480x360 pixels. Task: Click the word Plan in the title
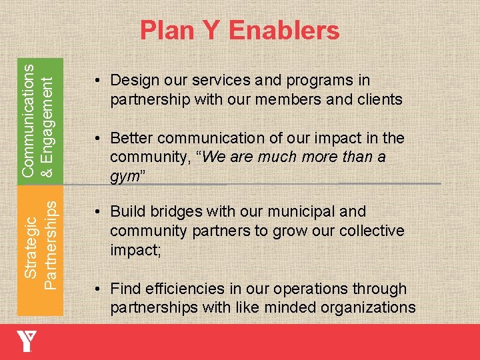tap(167, 31)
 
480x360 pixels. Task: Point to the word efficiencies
tap(176, 289)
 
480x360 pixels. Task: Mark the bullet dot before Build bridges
tap(97, 213)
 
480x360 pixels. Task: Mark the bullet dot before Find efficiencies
tap(97, 290)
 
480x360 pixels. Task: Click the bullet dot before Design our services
tap(97, 81)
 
